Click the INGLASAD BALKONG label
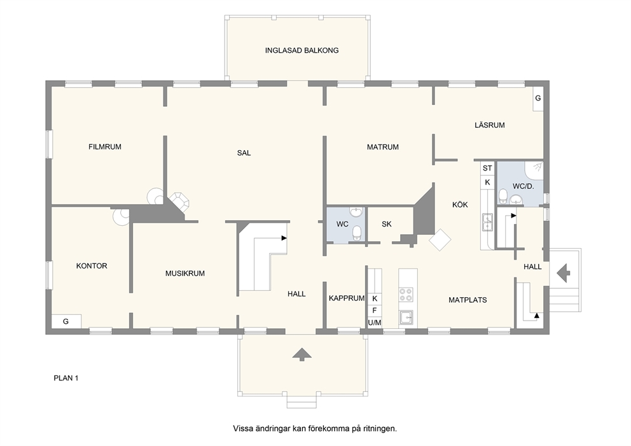tap(302, 50)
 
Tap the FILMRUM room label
tap(104, 147)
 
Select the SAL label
tap(244, 153)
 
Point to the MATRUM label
tap(383, 148)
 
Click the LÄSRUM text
tap(489, 125)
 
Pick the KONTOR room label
tap(92, 266)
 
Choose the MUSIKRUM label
tap(185, 274)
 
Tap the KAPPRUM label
tap(347, 298)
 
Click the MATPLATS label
tap(468, 300)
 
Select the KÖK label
tap(460, 204)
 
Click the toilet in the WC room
tap(357, 233)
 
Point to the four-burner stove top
tap(406, 295)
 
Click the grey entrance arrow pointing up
tap(302, 354)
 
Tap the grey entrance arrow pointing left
tap(564, 273)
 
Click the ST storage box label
tap(487, 168)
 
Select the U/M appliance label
tap(375, 323)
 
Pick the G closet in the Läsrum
tap(538, 98)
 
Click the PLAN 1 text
tap(66, 378)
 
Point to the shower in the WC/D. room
tap(534, 171)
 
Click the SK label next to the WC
tap(386, 224)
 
